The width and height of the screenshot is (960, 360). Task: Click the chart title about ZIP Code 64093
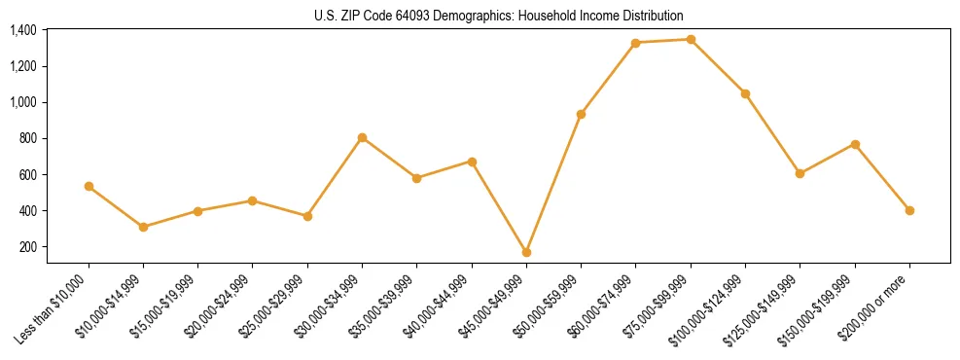[x=499, y=16]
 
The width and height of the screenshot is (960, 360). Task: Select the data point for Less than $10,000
[x=89, y=186]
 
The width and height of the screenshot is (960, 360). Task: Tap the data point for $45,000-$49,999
[x=526, y=252]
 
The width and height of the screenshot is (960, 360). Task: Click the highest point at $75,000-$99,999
[x=691, y=40]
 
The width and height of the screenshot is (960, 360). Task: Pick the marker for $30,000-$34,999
[x=362, y=137]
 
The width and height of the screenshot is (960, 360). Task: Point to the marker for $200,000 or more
[x=909, y=210]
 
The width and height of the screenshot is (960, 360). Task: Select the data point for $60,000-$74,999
[x=635, y=43]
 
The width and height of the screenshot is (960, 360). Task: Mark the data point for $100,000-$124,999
[x=745, y=93]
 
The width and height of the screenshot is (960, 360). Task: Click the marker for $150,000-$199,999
[x=855, y=144]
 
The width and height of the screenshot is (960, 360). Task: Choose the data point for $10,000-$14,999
[x=143, y=227]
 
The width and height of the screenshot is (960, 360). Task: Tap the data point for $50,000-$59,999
[x=581, y=114]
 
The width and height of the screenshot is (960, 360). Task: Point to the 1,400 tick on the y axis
[x=23, y=30]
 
